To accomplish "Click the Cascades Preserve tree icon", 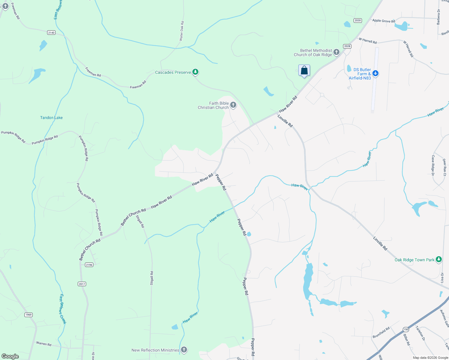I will click(x=195, y=72).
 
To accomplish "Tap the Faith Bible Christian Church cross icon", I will click(x=233, y=105).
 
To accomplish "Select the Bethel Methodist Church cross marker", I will click(x=336, y=52).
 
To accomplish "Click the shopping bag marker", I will click(x=304, y=71).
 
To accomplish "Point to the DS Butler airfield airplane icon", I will click(x=375, y=73).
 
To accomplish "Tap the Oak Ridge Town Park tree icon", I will click(x=439, y=259).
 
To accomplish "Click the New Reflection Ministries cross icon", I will click(x=184, y=350).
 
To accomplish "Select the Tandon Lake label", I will click(x=51, y=118).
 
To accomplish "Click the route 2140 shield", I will click(x=51, y=32).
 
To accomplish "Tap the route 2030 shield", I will click(x=357, y=20).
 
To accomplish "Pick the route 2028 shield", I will click(x=347, y=46).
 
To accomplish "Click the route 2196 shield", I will click(x=89, y=265).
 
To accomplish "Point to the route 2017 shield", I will click(x=82, y=284).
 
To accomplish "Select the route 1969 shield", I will click(x=29, y=315).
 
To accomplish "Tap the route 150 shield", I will click(x=406, y=329).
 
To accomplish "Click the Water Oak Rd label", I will click(x=182, y=31).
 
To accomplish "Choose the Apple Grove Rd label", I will click(x=384, y=21).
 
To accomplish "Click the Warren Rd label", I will click(x=44, y=343).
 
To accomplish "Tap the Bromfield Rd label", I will click(x=381, y=332).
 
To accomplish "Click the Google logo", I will click(x=10, y=356).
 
